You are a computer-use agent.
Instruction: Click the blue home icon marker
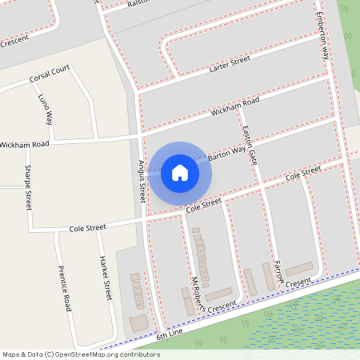point(180,172)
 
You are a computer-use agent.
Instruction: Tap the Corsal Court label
point(50,78)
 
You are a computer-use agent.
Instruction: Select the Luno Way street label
point(45,108)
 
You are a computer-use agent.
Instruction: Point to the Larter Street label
point(230,64)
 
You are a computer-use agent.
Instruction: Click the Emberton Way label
point(323,35)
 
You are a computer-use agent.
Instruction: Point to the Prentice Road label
point(65,288)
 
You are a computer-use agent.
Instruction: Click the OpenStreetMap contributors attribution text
point(81,354)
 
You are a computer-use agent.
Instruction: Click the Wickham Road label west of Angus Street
point(25,144)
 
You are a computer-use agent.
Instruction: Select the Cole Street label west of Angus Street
point(87,228)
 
